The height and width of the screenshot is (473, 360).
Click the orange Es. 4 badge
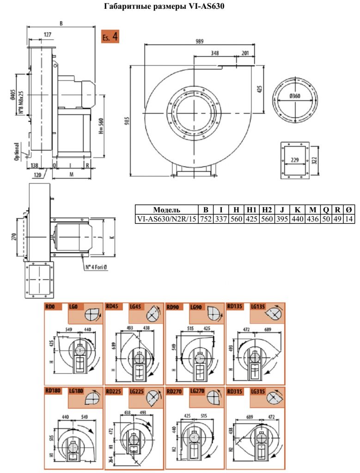[110, 37]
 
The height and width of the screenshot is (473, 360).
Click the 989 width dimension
[199, 41]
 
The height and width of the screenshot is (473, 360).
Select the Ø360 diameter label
[294, 96]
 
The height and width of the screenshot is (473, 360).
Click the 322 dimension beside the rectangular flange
[314, 160]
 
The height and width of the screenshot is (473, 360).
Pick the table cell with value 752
[206, 218]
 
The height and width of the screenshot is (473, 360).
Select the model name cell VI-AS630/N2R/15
[166, 218]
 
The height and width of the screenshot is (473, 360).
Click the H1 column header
[251, 210]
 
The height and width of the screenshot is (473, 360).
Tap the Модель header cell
[166, 210]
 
